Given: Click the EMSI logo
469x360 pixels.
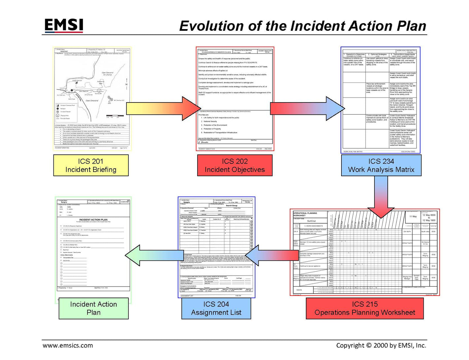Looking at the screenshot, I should click(x=63, y=25).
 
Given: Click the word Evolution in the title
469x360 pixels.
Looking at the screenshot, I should click(x=211, y=26).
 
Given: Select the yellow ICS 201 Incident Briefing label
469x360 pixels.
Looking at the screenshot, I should click(x=91, y=165).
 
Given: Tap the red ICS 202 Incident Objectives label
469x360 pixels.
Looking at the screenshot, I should click(x=234, y=165).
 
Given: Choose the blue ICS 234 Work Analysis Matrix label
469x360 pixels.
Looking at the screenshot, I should click(x=381, y=165).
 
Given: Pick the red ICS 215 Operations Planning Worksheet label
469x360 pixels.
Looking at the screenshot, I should click(x=365, y=308).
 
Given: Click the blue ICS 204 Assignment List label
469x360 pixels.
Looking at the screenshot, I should click(x=216, y=308).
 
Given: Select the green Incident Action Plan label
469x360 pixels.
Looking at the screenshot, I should click(x=93, y=308).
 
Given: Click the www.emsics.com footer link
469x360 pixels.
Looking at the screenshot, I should click(x=68, y=345).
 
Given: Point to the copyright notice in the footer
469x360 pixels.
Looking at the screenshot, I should click(x=381, y=345).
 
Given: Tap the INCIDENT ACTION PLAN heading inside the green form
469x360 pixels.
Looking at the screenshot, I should click(x=93, y=220).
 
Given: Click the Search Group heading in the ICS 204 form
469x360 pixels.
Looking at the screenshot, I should click(x=232, y=206).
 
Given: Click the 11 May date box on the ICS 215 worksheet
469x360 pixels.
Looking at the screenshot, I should click(x=413, y=217).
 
